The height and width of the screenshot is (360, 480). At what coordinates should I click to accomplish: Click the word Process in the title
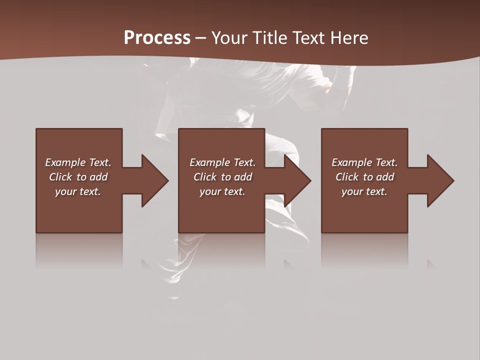[x=157, y=38]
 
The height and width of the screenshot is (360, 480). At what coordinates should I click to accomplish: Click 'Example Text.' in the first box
[x=78, y=162]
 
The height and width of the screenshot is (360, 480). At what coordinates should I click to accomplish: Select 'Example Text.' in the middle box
[x=222, y=162]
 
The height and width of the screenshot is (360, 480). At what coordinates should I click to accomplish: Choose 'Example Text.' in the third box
[x=364, y=162]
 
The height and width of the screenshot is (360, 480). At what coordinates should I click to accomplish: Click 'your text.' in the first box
[x=78, y=191]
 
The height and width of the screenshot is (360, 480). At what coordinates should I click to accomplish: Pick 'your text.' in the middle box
[x=222, y=191]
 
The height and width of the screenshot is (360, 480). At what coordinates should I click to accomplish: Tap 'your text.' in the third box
[x=364, y=191]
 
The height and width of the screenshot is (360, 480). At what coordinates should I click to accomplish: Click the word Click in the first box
[x=60, y=177]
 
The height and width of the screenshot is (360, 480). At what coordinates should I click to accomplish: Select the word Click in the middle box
[x=205, y=177]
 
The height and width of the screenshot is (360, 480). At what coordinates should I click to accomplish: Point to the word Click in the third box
[x=347, y=177]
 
